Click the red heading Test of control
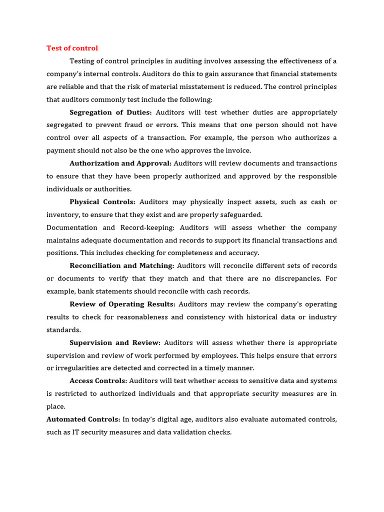click(x=72, y=48)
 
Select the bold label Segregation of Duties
click(x=110, y=112)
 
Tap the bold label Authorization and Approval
click(x=120, y=163)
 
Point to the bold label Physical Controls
click(x=102, y=202)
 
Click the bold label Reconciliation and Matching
click(x=122, y=266)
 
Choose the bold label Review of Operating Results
click(x=122, y=304)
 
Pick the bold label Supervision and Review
click(x=115, y=343)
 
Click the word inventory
click(x=62, y=215)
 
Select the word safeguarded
click(x=238, y=215)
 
